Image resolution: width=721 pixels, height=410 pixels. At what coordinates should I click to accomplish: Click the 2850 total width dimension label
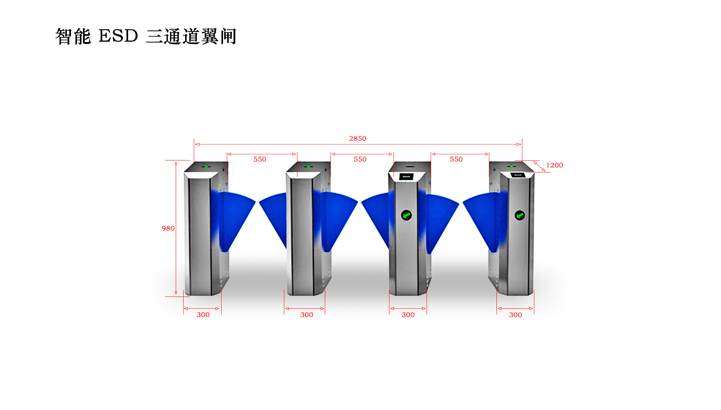(357, 139)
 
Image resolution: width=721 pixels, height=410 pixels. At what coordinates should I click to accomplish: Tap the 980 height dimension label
(168, 228)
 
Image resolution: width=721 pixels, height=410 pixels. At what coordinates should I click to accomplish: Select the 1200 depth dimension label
(554, 165)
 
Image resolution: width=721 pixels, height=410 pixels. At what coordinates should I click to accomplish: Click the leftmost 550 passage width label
(259, 159)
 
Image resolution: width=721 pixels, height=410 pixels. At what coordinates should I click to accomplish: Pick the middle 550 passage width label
(360, 159)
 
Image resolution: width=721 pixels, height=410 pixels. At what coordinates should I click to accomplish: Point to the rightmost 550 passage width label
(456, 159)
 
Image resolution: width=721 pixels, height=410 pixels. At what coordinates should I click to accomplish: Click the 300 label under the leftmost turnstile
(203, 315)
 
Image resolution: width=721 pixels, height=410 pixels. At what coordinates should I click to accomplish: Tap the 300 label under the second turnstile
(306, 315)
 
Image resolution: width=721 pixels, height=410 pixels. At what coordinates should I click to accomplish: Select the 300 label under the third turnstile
(408, 315)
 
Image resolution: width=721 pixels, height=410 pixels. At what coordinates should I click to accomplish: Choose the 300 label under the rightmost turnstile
(515, 315)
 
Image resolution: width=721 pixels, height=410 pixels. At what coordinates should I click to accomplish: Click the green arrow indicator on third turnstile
(406, 215)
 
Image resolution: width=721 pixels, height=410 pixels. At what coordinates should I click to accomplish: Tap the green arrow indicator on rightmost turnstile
(520, 215)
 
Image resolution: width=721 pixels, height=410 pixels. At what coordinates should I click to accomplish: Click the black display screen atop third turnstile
(406, 176)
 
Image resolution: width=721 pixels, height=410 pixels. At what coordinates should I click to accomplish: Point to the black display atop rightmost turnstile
(517, 175)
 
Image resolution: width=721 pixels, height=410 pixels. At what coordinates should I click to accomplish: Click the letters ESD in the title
(118, 36)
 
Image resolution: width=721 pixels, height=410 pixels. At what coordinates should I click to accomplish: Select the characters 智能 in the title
(73, 37)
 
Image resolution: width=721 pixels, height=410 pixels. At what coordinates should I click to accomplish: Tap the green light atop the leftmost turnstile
(206, 166)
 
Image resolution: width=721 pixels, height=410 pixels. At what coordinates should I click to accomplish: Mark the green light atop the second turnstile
(308, 166)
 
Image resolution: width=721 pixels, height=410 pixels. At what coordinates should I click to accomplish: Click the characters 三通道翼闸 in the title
(191, 37)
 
